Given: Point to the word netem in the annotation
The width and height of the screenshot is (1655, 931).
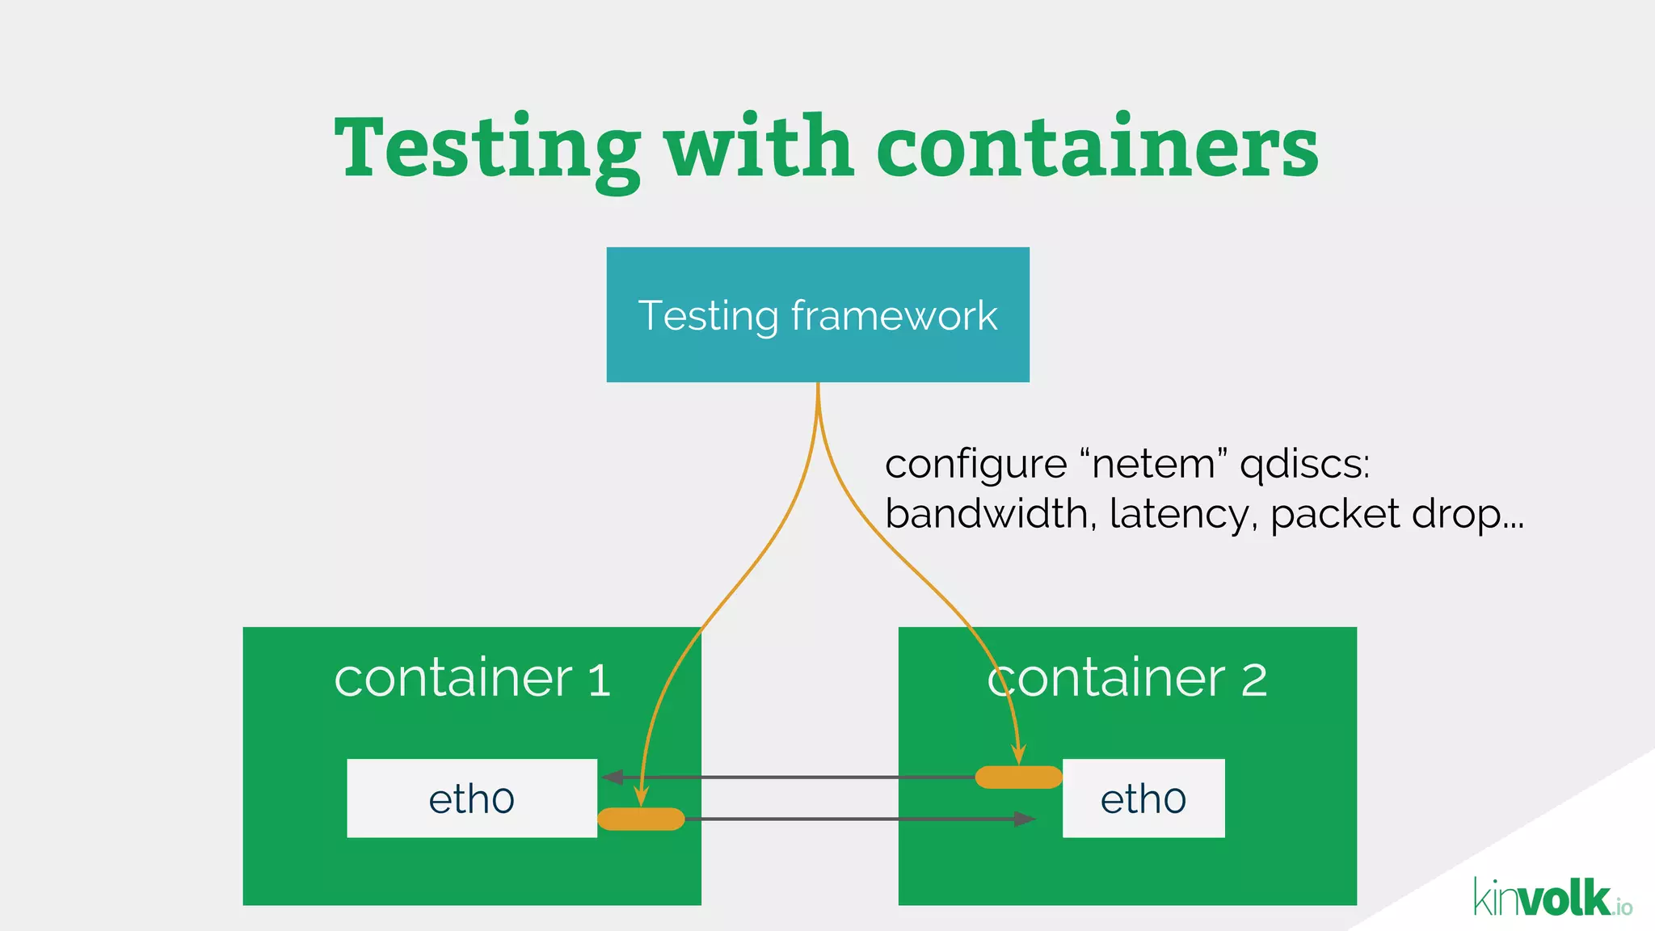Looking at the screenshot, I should [1153, 465].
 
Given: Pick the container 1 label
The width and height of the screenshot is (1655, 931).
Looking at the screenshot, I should [472, 678].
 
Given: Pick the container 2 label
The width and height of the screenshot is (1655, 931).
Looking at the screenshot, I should [1127, 678].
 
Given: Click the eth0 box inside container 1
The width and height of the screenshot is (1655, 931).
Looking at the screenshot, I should [472, 798].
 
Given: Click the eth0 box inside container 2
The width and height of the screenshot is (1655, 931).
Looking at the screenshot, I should [1143, 798].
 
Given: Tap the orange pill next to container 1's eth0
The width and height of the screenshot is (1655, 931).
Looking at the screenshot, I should [641, 819].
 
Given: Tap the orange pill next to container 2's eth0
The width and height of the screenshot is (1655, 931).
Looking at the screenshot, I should [1018, 777].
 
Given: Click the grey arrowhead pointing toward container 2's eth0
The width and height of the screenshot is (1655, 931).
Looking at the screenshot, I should [1025, 819].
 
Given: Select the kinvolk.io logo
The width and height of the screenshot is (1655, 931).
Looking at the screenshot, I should [1552, 899].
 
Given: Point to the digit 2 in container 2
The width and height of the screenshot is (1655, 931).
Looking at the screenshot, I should [1253, 680].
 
